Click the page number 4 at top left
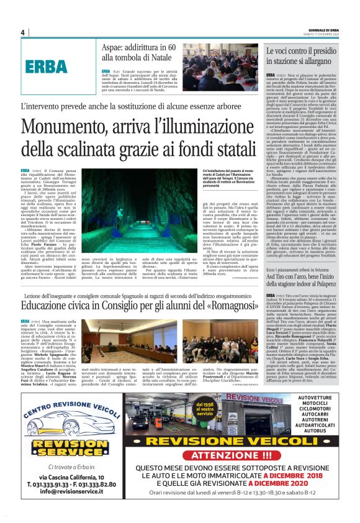pyautogui.click(x=22, y=32)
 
